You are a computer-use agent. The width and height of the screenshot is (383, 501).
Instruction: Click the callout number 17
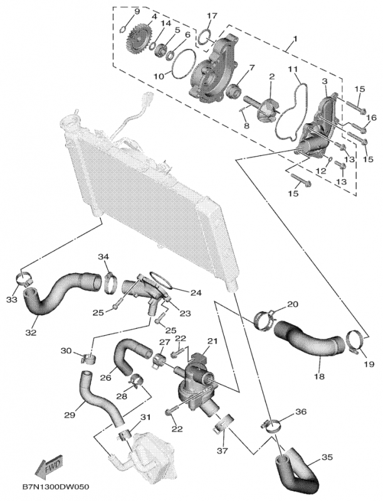(212, 16)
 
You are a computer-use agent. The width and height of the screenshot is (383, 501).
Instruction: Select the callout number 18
(320, 377)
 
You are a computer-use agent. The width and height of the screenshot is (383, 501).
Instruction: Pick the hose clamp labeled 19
(354, 341)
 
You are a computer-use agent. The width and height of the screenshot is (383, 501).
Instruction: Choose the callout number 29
(70, 414)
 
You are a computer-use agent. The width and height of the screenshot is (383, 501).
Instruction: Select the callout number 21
(211, 341)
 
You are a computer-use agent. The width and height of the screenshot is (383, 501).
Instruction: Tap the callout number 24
(196, 292)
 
